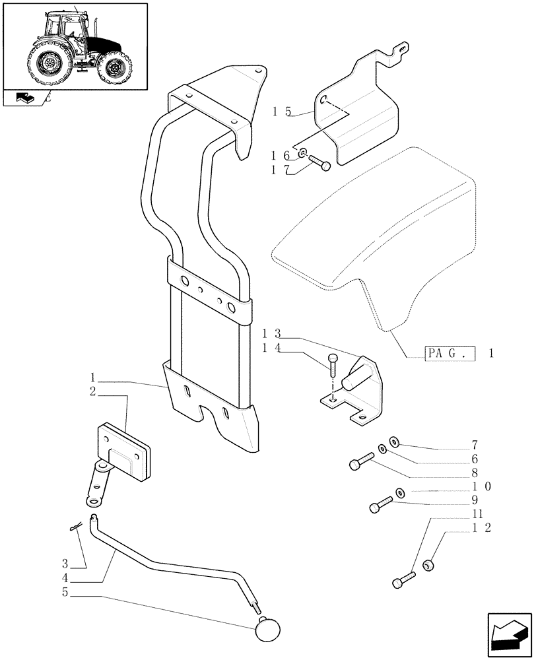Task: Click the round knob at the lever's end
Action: pos(267,627)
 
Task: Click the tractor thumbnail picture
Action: pos(75,46)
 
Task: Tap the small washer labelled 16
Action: pos(302,154)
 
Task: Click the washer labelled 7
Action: pos(395,441)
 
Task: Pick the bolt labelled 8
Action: pos(360,462)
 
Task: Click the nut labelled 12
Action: pos(428,565)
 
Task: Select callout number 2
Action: pos(93,392)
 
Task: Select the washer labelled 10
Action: pos(400,492)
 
